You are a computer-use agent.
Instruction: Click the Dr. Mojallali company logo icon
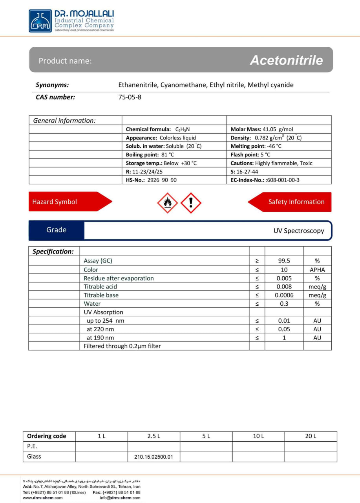40,21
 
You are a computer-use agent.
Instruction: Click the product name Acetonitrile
286,60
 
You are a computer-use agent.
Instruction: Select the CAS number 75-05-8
130,97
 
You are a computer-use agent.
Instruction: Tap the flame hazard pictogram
168,203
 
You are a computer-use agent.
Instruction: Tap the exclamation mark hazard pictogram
191,203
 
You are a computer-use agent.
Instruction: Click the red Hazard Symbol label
55,202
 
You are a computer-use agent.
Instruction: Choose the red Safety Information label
296,202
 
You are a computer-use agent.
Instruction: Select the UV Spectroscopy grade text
299,231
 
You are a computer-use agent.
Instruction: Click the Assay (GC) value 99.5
284,261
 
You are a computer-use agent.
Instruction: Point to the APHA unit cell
317,270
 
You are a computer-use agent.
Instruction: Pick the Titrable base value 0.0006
284,295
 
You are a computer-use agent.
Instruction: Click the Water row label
92,304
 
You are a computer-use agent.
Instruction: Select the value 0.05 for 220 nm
284,329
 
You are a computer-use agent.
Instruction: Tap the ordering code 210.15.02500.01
154,457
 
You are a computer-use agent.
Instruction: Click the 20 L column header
311,436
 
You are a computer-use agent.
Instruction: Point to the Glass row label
34,457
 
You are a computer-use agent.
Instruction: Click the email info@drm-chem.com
120,497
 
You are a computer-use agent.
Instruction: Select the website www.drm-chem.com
43,497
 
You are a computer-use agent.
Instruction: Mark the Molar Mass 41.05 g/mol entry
262,129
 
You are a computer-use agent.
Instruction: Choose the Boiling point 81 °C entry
150,155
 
